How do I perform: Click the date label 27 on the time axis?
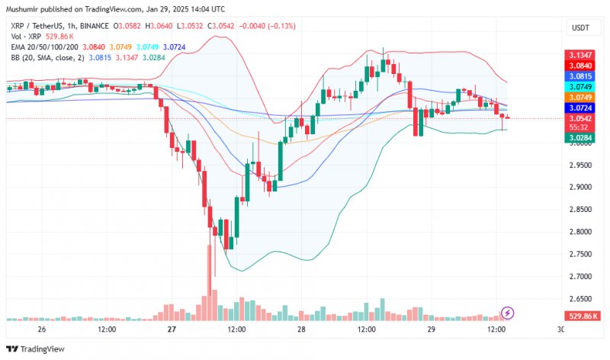[172, 329]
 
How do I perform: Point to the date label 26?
[41, 329]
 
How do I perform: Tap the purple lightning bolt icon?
[508, 313]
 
